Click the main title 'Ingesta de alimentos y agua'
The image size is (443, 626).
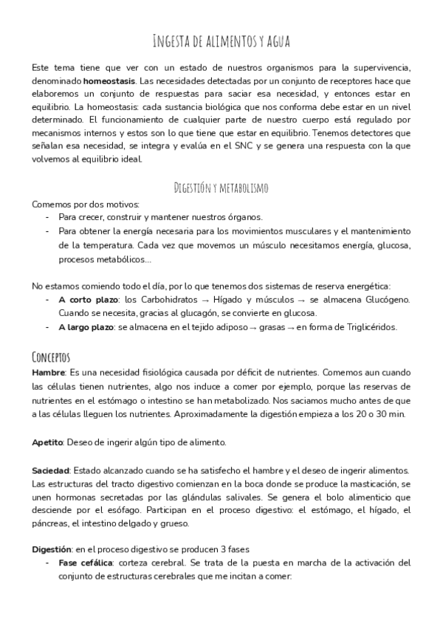click(221, 40)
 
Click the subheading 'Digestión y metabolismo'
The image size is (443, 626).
click(221, 187)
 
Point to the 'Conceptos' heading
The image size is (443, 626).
click(57, 355)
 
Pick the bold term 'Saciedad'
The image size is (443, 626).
click(50, 470)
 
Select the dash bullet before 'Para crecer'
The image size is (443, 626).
click(48, 217)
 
